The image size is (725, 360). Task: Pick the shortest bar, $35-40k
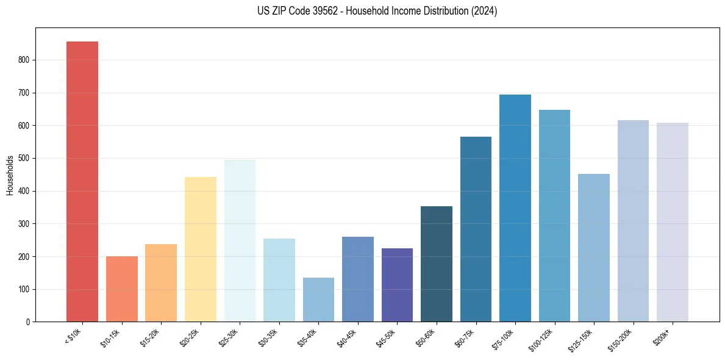coord(318,300)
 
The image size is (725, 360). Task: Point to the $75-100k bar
coord(515,208)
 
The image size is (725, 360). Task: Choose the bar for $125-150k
coord(594,248)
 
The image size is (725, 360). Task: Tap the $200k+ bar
coord(673,222)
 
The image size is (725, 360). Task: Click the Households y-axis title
coord(10,175)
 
